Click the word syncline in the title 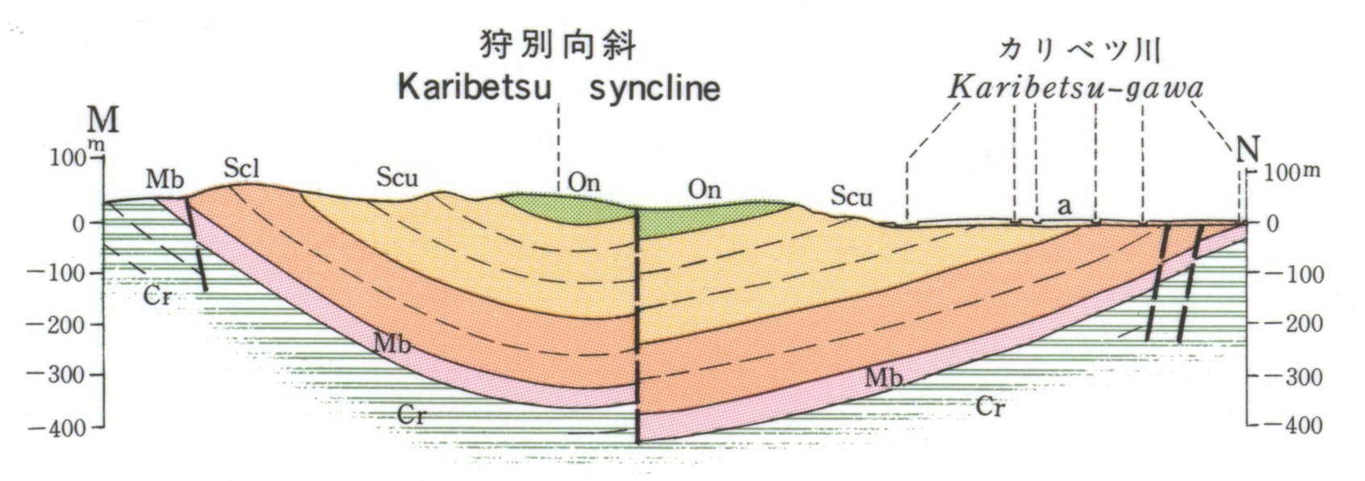(655, 88)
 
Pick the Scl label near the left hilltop (242, 169)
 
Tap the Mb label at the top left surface (164, 179)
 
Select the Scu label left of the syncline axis (396, 178)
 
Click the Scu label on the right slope (852, 196)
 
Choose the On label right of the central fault (704, 190)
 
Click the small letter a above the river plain (1065, 207)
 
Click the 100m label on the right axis (1292, 173)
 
